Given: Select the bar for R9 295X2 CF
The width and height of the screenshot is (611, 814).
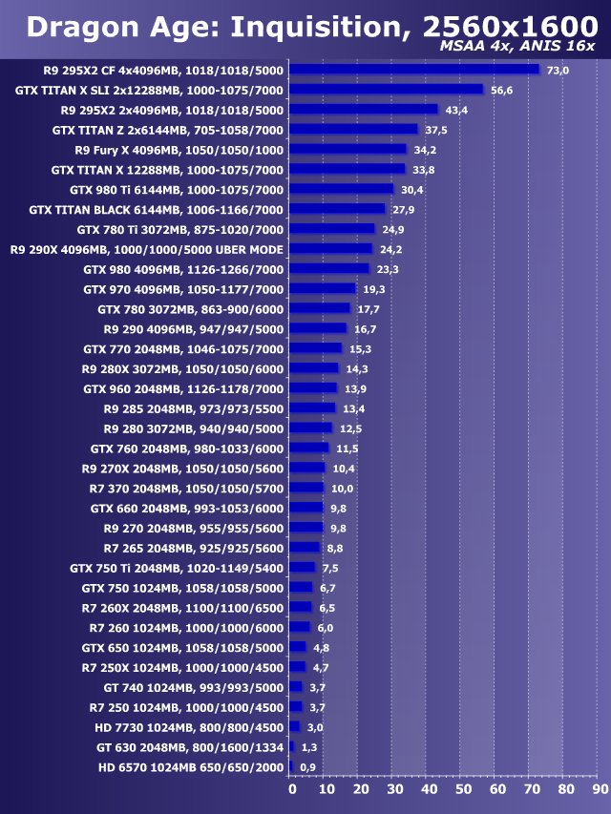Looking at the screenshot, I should [x=414, y=70].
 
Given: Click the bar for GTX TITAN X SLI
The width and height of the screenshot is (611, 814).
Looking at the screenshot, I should [x=387, y=90].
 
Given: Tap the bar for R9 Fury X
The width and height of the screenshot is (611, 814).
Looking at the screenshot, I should [x=348, y=149].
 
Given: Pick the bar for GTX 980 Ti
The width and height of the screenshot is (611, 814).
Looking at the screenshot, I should [x=342, y=189].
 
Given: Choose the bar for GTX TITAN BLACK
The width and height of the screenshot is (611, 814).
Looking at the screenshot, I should [x=337, y=209].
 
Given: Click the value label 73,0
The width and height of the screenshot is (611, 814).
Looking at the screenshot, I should [x=558, y=71].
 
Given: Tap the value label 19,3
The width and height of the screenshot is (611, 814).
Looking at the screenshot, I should [x=373, y=289].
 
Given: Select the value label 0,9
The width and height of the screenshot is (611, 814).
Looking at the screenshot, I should [x=307, y=767].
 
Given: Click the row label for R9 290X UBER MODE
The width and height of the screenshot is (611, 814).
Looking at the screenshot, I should [x=146, y=249].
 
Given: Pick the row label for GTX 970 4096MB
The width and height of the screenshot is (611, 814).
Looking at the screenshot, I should [x=183, y=289].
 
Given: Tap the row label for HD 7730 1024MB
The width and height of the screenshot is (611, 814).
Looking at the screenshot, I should [x=189, y=727].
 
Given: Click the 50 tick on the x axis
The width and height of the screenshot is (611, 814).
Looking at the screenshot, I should [x=463, y=789].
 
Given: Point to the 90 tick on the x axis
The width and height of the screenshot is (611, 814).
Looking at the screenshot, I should [x=600, y=789].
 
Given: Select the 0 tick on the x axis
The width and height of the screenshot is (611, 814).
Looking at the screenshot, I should [x=292, y=789].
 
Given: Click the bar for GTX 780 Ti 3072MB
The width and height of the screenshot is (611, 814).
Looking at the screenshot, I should [x=332, y=229].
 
